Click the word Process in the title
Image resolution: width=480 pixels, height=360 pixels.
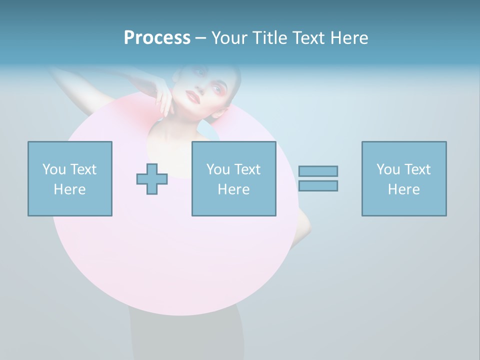click(x=157, y=38)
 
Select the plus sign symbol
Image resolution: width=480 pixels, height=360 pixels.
click(x=152, y=179)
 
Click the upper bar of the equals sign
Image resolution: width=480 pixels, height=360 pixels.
click(x=318, y=171)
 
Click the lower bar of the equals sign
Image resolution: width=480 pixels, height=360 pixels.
click(x=318, y=185)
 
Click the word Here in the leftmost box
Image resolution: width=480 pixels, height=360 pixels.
click(x=69, y=189)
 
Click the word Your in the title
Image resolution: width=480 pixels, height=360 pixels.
click(x=229, y=38)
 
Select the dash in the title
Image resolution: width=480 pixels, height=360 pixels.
click(x=200, y=38)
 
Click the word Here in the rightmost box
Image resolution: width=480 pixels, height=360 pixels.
click(x=403, y=189)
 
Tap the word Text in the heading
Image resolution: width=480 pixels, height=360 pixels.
click(x=306, y=38)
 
